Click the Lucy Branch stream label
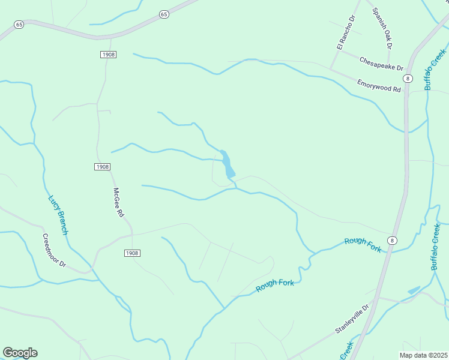tap(58, 215)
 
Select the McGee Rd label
tap(118, 203)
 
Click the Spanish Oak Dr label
tap(382, 28)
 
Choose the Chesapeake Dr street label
tap(381, 63)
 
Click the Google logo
tap(20, 353)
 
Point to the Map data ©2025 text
tap(423, 355)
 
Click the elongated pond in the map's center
tap(226, 164)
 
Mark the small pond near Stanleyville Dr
tap(414, 290)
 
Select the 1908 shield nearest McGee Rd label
tap(102, 166)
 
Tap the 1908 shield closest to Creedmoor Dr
tap(132, 253)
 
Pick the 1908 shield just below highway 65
tap(108, 55)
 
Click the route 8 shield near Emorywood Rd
tap(408, 79)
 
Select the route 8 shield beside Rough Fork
tap(392, 241)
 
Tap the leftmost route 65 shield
tap(19, 25)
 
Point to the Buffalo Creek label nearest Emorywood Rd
tap(430, 70)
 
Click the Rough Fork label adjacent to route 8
tap(363, 244)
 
